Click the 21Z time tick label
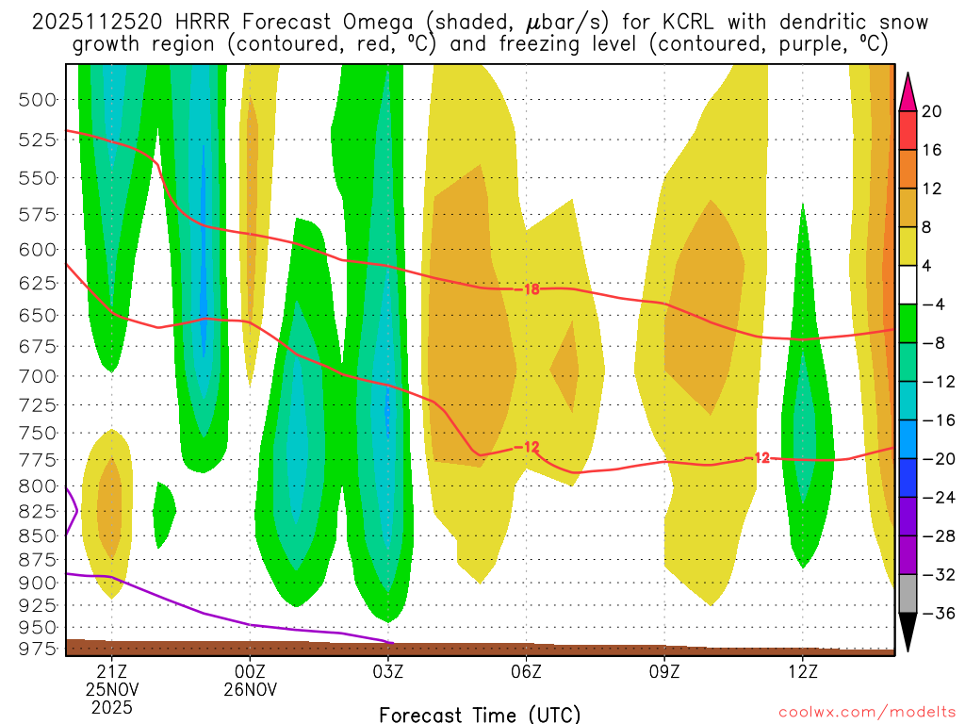tap(112, 672)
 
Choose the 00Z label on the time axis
tap(250, 672)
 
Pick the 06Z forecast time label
tap(526, 672)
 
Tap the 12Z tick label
tap(802, 672)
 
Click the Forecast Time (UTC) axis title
tap(480, 714)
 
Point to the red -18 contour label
tap(531, 289)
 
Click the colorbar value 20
tap(933, 111)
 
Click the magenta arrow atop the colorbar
tap(908, 91)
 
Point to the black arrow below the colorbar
tap(908, 633)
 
